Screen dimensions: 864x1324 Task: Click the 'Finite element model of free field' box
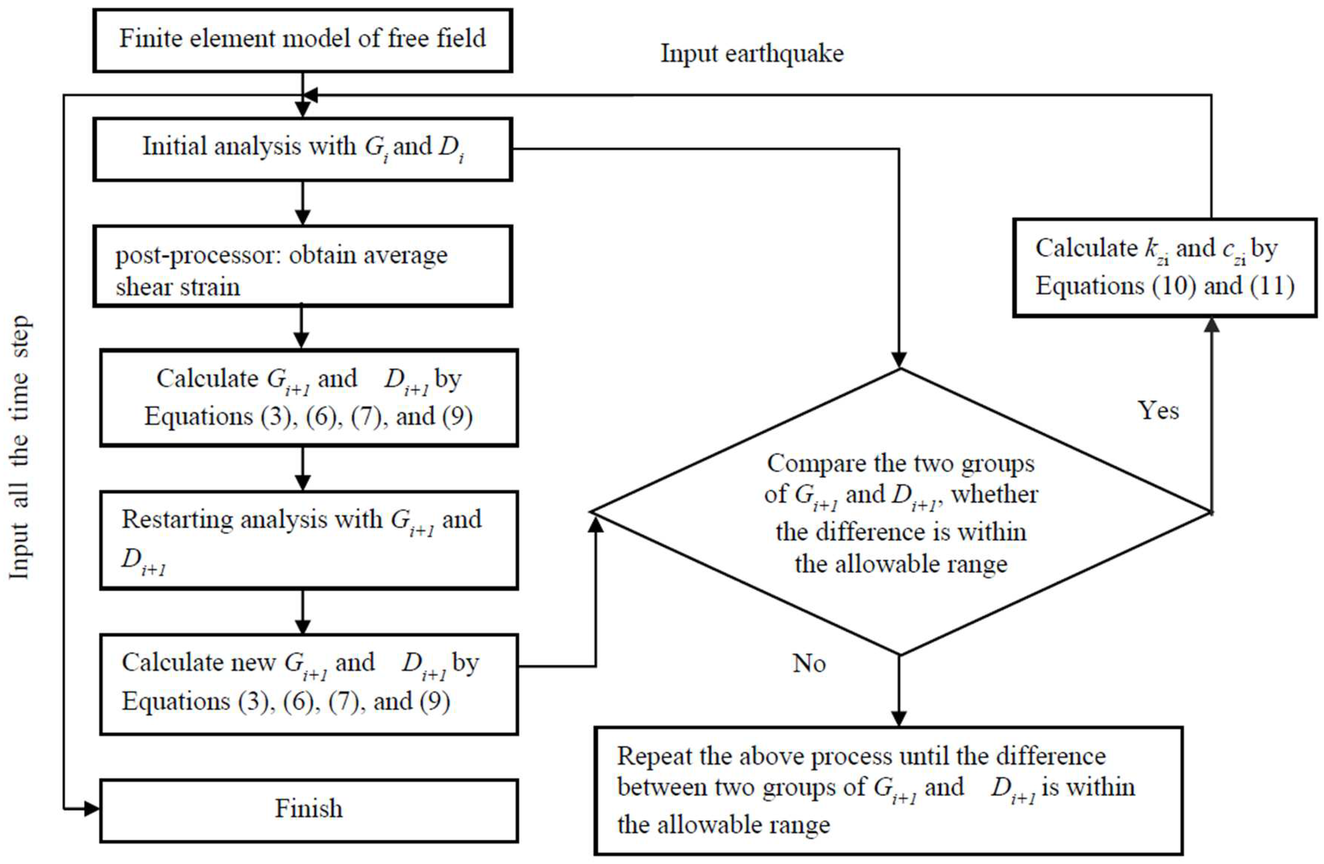click(x=302, y=40)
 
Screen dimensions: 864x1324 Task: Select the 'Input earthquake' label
click(x=751, y=54)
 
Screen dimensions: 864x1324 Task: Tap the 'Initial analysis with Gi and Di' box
click(x=302, y=149)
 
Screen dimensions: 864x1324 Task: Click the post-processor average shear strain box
click(x=302, y=266)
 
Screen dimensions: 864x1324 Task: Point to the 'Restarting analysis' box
click(x=309, y=540)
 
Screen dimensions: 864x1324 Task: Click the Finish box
click(x=309, y=809)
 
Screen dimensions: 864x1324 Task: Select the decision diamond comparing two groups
click(x=900, y=512)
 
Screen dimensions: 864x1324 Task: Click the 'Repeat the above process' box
click(x=888, y=790)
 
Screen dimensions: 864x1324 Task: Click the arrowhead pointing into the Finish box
click(x=92, y=809)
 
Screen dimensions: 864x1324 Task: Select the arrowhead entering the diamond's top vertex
click(x=900, y=360)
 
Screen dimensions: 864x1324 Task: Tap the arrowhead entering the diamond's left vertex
click(x=596, y=523)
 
